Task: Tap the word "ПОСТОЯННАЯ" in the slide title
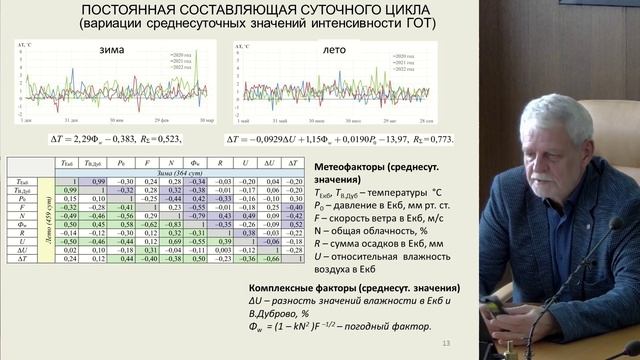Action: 133,11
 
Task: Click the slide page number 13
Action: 446,344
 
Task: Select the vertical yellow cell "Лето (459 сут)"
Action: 17,221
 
